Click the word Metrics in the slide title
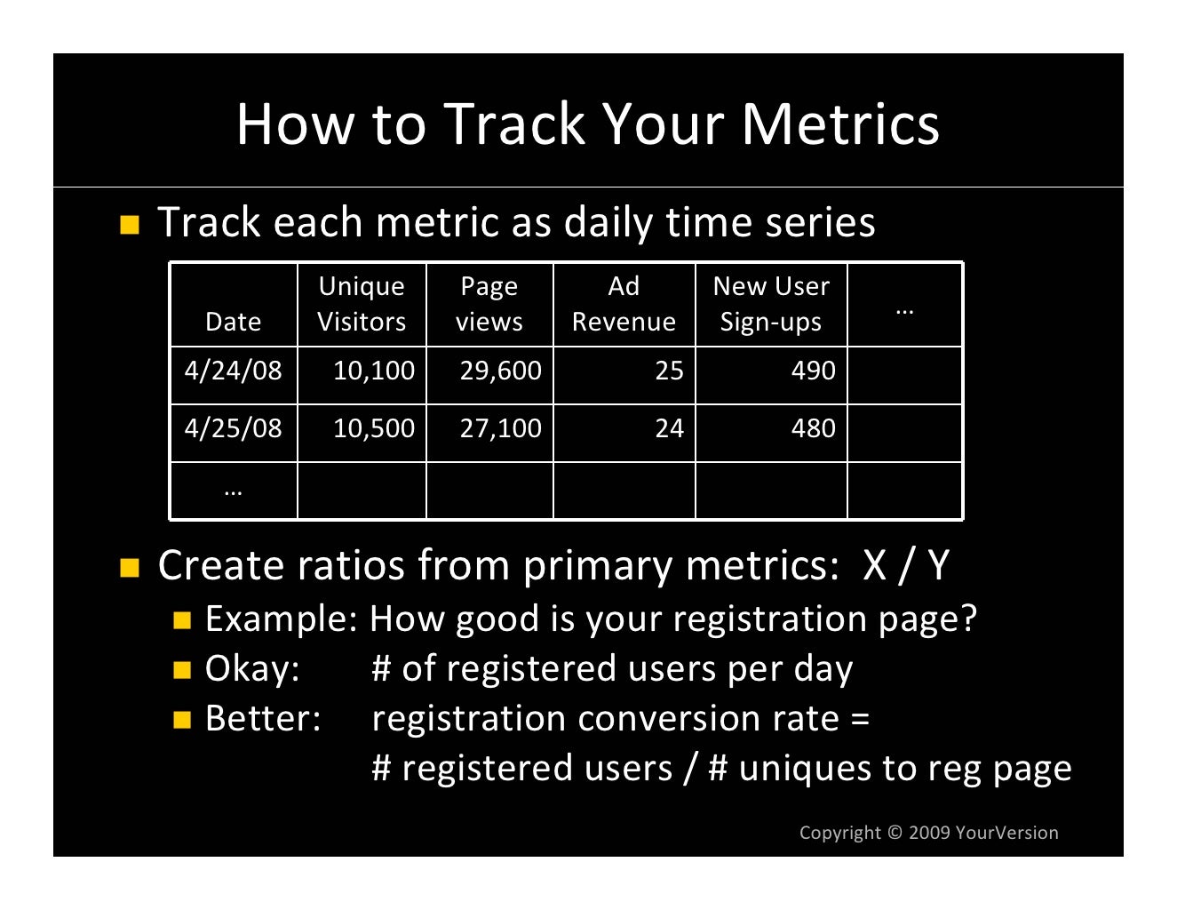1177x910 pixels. [x=839, y=124]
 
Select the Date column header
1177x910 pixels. [x=233, y=321]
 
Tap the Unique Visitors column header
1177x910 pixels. [x=362, y=304]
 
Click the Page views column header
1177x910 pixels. [x=489, y=304]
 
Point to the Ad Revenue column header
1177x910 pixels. [x=624, y=304]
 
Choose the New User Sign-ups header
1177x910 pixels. [x=770, y=304]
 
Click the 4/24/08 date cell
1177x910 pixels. [x=233, y=371]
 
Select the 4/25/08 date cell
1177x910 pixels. [x=233, y=428]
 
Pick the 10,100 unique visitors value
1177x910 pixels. [x=373, y=371]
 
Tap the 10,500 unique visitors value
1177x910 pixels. [x=373, y=428]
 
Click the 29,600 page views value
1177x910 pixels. [x=500, y=371]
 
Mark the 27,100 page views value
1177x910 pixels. [x=500, y=428]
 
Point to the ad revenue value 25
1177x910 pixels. [x=669, y=371]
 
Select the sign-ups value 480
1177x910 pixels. [x=813, y=428]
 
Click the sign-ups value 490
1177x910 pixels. [x=813, y=371]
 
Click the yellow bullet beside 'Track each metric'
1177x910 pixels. [x=130, y=224]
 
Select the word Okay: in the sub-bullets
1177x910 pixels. [x=252, y=669]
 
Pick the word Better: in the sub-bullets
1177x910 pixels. [x=262, y=719]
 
